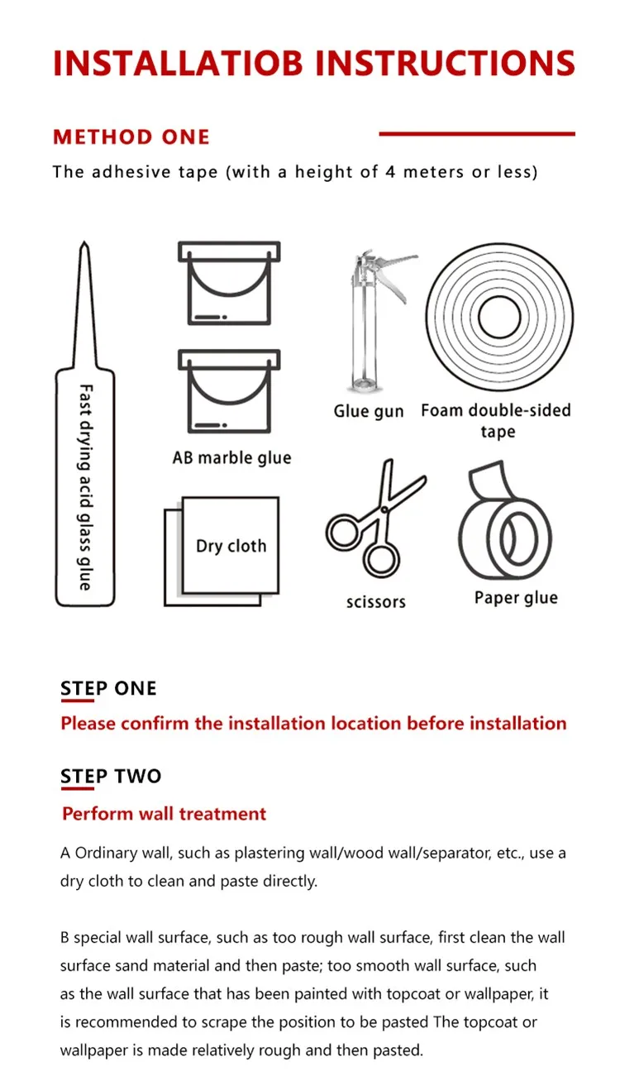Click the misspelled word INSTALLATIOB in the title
(178, 63)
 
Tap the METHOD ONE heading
(131, 137)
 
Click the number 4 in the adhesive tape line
(390, 172)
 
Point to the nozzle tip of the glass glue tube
(84, 242)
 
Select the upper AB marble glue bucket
(229, 283)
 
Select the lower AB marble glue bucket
(229, 391)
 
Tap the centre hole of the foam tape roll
(499, 317)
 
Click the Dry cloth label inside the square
(231, 546)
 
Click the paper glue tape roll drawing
(504, 521)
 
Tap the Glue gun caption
(369, 412)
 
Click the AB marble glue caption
(232, 458)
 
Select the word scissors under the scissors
(376, 602)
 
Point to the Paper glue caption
(517, 598)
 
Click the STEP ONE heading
(108, 688)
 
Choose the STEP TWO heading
(111, 777)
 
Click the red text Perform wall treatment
(164, 814)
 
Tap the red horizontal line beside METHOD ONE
(477, 134)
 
